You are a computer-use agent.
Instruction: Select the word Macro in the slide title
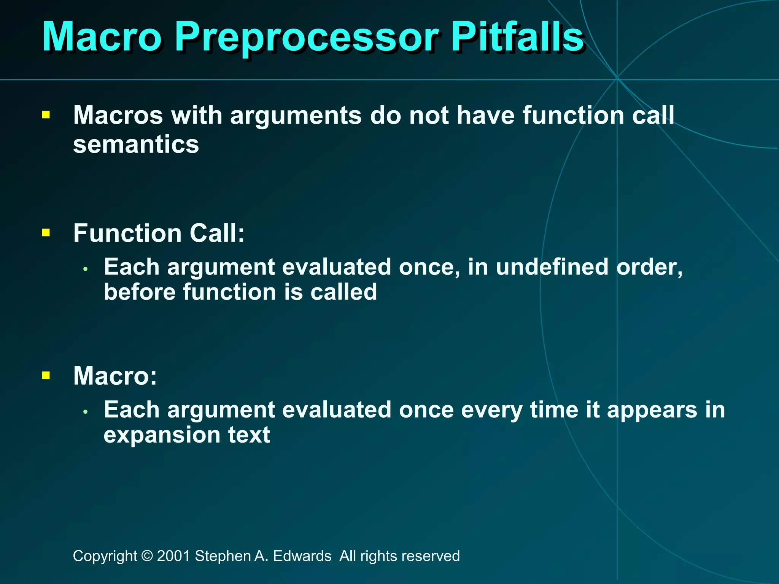[x=102, y=37]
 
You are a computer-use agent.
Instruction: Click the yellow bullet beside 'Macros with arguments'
[x=46, y=115]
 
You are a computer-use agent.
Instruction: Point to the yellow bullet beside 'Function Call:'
[x=46, y=232]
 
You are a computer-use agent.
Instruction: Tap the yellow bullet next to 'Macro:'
[x=46, y=376]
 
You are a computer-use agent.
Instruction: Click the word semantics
[x=136, y=145]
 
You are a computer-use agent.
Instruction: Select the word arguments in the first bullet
[x=296, y=115]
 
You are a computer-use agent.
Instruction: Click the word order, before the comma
[x=647, y=267]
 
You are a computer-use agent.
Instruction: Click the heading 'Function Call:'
[x=159, y=233]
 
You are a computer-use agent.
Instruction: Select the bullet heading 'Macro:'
[x=115, y=376]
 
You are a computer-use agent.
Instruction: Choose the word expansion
[x=162, y=435]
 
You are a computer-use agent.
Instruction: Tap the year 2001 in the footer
[x=173, y=556]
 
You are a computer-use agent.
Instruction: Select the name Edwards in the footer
[x=302, y=556]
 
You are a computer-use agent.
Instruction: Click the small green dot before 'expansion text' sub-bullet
[x=86, y=412]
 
